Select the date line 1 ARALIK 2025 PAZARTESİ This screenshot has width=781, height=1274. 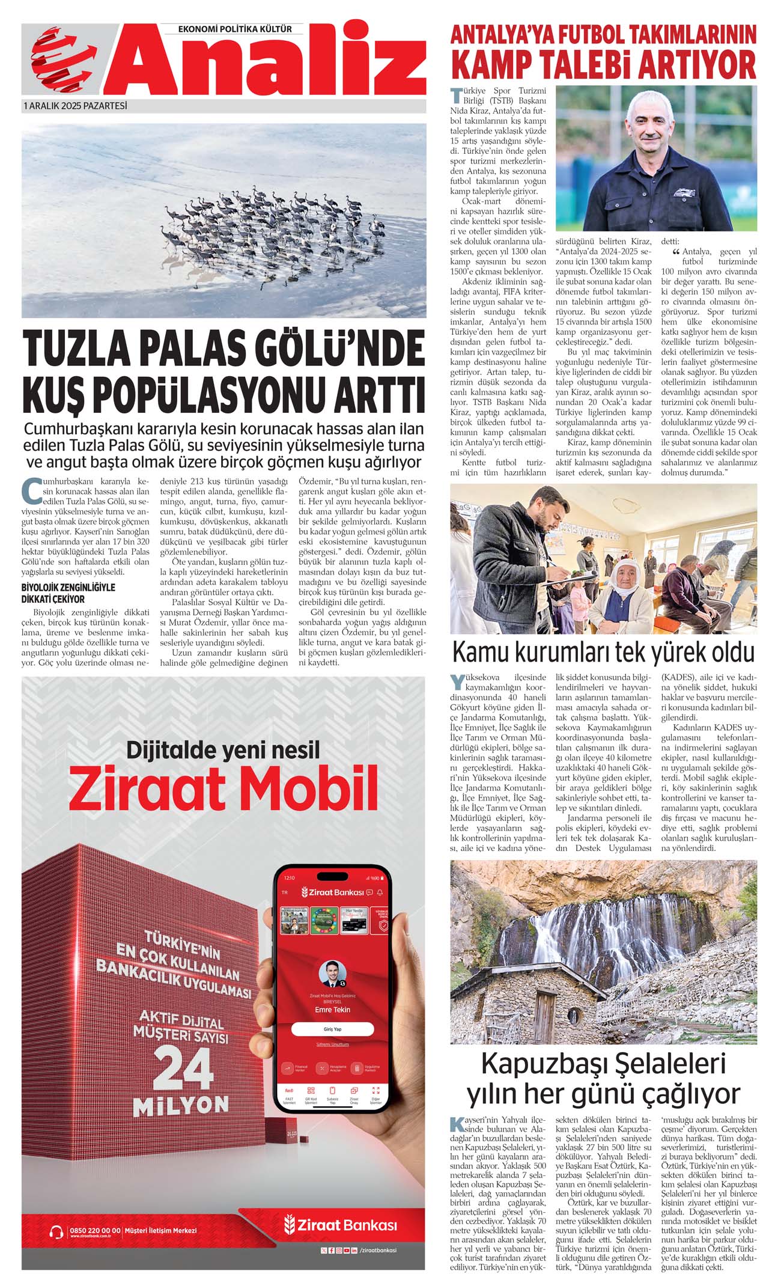coord(75,106)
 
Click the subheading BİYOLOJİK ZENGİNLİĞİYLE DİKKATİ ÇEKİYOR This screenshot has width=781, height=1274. coord(68,593)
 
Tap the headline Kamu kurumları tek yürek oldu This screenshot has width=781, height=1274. coord(603,652)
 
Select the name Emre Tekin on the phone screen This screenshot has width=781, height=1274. coord(332,1010)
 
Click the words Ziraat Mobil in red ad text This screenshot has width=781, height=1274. coord(223,788)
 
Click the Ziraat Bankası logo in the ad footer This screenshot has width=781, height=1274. coord(341,1225)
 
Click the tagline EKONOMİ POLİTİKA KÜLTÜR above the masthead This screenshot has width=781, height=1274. coord(235,29)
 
